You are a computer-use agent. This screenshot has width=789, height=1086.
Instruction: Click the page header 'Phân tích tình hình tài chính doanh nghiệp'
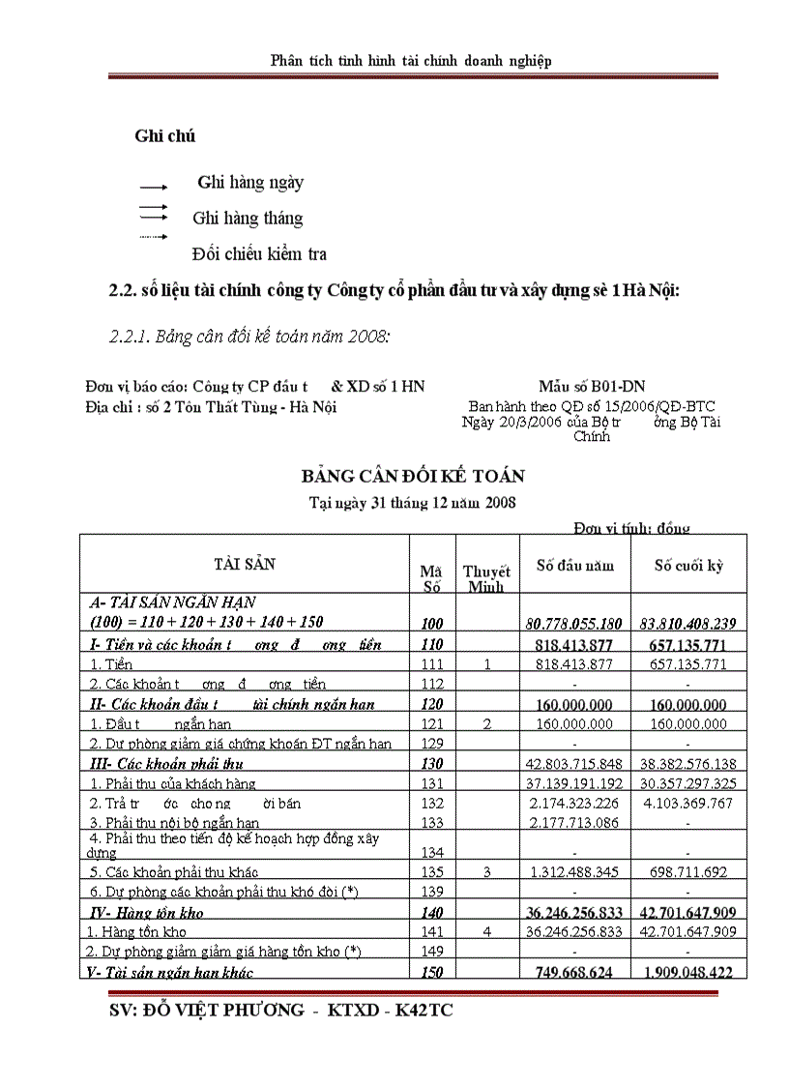pyautogui.click(x=411, y=61)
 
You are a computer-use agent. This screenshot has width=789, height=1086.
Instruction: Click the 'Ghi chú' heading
pyautogui.click(x=165, y=136)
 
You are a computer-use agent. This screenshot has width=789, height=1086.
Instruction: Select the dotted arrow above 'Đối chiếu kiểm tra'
pyautogui.click(x=155, y=237)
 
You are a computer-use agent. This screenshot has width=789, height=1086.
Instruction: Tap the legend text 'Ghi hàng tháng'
pyautogui.click(x=248, y=219)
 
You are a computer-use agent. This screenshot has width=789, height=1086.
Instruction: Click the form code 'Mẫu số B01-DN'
pyautogui.click(x=592, y=387)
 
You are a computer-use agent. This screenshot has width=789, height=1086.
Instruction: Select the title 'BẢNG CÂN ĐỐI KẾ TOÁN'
pyautogui.click(x=413, y=476)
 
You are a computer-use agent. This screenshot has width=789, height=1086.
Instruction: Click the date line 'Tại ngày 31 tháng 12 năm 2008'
pyautogui.click(x=412, y=502)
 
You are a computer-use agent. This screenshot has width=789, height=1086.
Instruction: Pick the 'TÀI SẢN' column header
pyautogui.click(x=244, y=564)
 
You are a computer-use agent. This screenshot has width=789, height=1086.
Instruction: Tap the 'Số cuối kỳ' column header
pyautogui.click(x=688, y=566)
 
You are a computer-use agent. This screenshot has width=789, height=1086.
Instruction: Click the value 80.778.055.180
pyautogui.click(x=574, y=623)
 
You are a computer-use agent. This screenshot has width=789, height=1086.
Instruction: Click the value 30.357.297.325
pyautogui.click(x=687, y=783)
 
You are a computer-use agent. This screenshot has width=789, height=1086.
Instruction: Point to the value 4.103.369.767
pyautogui.click(x=687, y=803)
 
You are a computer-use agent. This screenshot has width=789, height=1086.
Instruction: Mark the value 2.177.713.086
pyautogui.click(x=574, y=823)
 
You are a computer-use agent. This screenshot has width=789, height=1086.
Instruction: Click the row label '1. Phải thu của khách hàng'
pyautogui.click(x=173, y=783)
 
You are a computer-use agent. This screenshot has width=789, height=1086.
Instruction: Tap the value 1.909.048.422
pyautogui.click(x=687, y=972)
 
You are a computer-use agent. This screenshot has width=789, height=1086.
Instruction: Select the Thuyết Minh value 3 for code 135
pyautogui.click(x=487, y=872)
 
